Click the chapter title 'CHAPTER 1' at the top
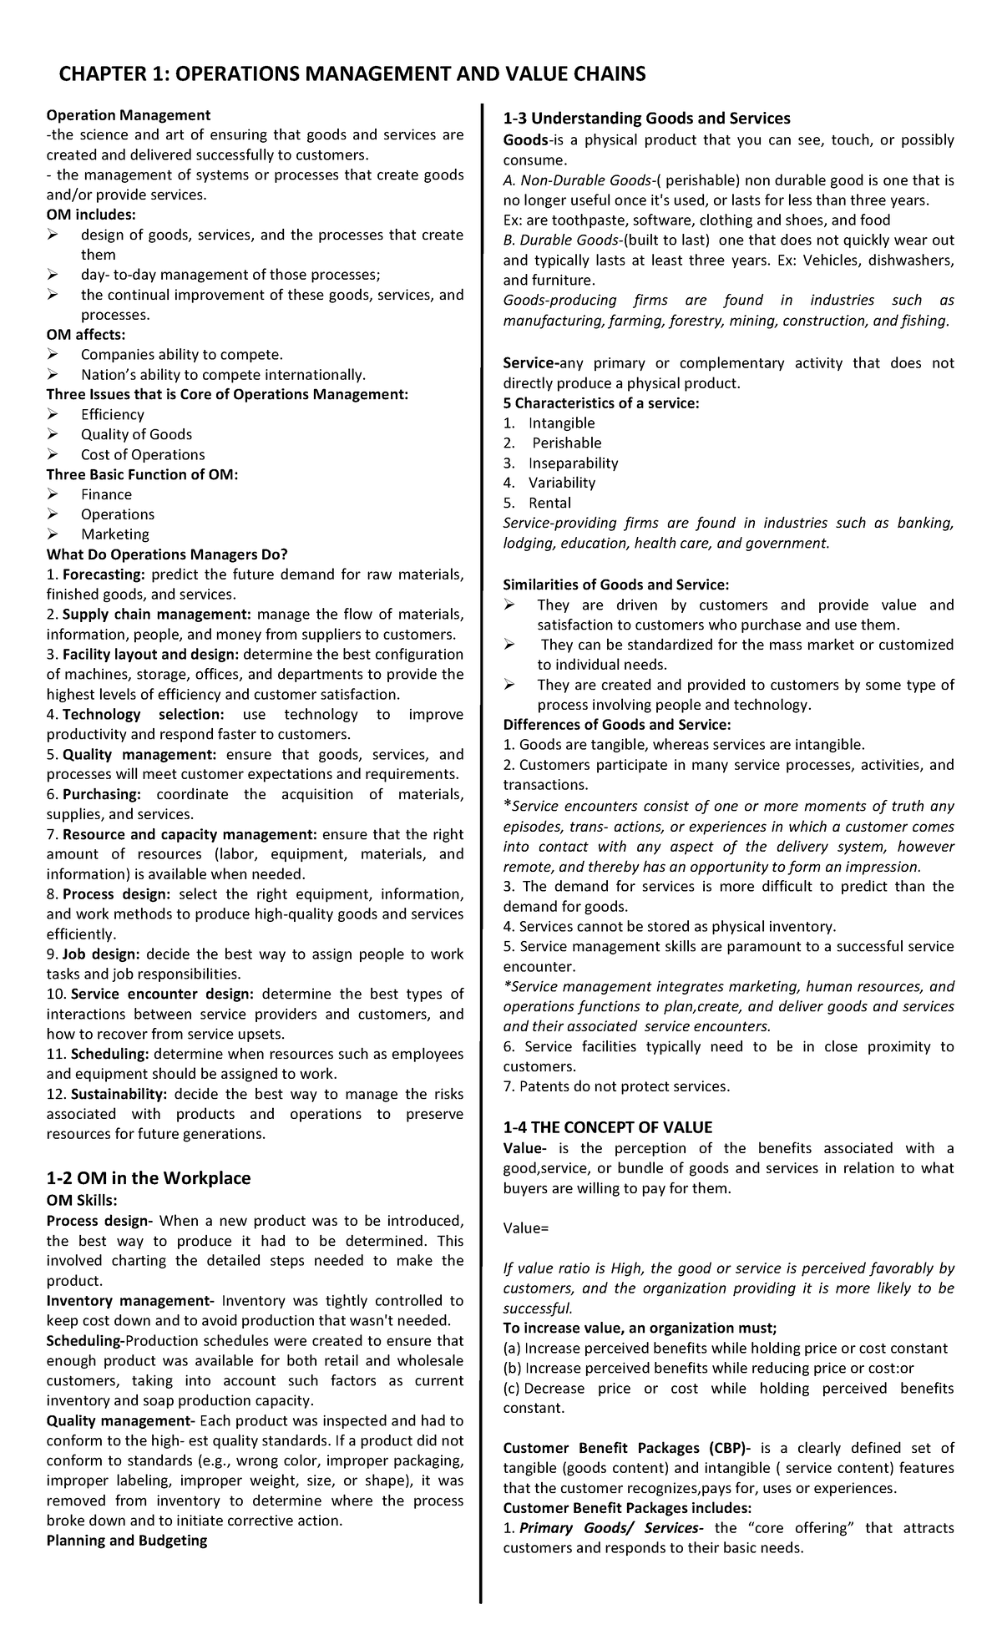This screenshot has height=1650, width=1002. pyautogui.click(x=108, y=75)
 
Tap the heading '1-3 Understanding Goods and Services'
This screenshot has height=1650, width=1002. pyautogui.click(x=646, y=119)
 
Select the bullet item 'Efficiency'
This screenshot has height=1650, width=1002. pyautogui.click(x=113, y=415)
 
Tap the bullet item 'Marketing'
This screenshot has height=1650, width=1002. pyautogui.click(x=115, y=534)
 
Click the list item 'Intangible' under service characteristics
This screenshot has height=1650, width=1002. pyautogui.click(x=561, y=423)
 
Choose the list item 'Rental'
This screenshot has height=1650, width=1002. pyautogui.click(x=549, y=503)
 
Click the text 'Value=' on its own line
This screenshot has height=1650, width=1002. pyautogui.click(x=526, y=1228)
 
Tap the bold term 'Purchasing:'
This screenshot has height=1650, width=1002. pyautogui.click(x=102, y=794)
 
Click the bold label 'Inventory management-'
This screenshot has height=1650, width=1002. pyautogui.click(x=131, y=1301)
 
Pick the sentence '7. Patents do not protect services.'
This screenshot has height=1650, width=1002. pyautogui.click(x=616, y=1086)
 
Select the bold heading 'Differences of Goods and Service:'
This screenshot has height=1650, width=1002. pyautogui.click(x=617, y=725)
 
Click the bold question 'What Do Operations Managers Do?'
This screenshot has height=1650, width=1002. pyautogui.click(x=167, y=554)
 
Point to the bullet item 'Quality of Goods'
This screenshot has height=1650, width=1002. pyautogui.click(x=136, y=435)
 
